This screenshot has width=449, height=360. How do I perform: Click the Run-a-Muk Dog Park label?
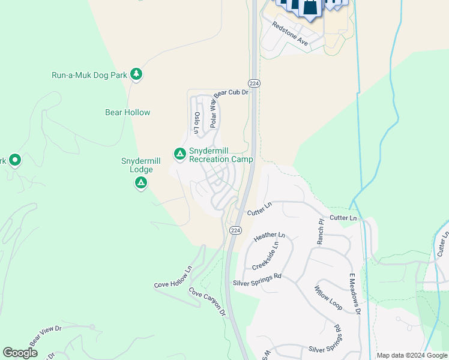(89, 75)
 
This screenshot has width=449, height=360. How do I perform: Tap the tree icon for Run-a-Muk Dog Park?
(137, 74)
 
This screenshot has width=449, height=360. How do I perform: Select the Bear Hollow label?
(127, 112)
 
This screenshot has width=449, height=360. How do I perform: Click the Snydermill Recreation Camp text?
(221, 155)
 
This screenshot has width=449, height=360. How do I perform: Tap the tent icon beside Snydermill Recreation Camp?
(179, 154)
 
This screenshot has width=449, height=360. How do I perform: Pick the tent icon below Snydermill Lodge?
(141, 183)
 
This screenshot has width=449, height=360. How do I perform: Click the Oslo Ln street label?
(196, 122)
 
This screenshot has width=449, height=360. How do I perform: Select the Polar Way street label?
(212, 113)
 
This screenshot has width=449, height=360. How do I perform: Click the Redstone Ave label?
(290, 34)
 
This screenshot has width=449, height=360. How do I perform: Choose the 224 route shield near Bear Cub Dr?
(255, 83)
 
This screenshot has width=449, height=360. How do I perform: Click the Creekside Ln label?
(265, 257)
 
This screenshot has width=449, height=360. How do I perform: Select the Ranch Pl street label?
(321, 231)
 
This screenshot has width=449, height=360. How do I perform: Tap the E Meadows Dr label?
(354, 293)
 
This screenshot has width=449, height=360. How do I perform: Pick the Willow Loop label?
(328, 298)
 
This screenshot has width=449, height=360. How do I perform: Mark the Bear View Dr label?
(46, 334)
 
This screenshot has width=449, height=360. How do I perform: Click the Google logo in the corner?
(20, 353)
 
